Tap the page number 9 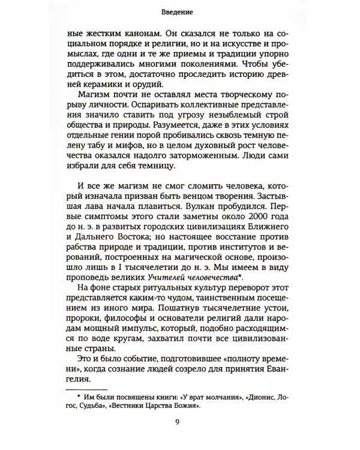coord(179,428)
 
